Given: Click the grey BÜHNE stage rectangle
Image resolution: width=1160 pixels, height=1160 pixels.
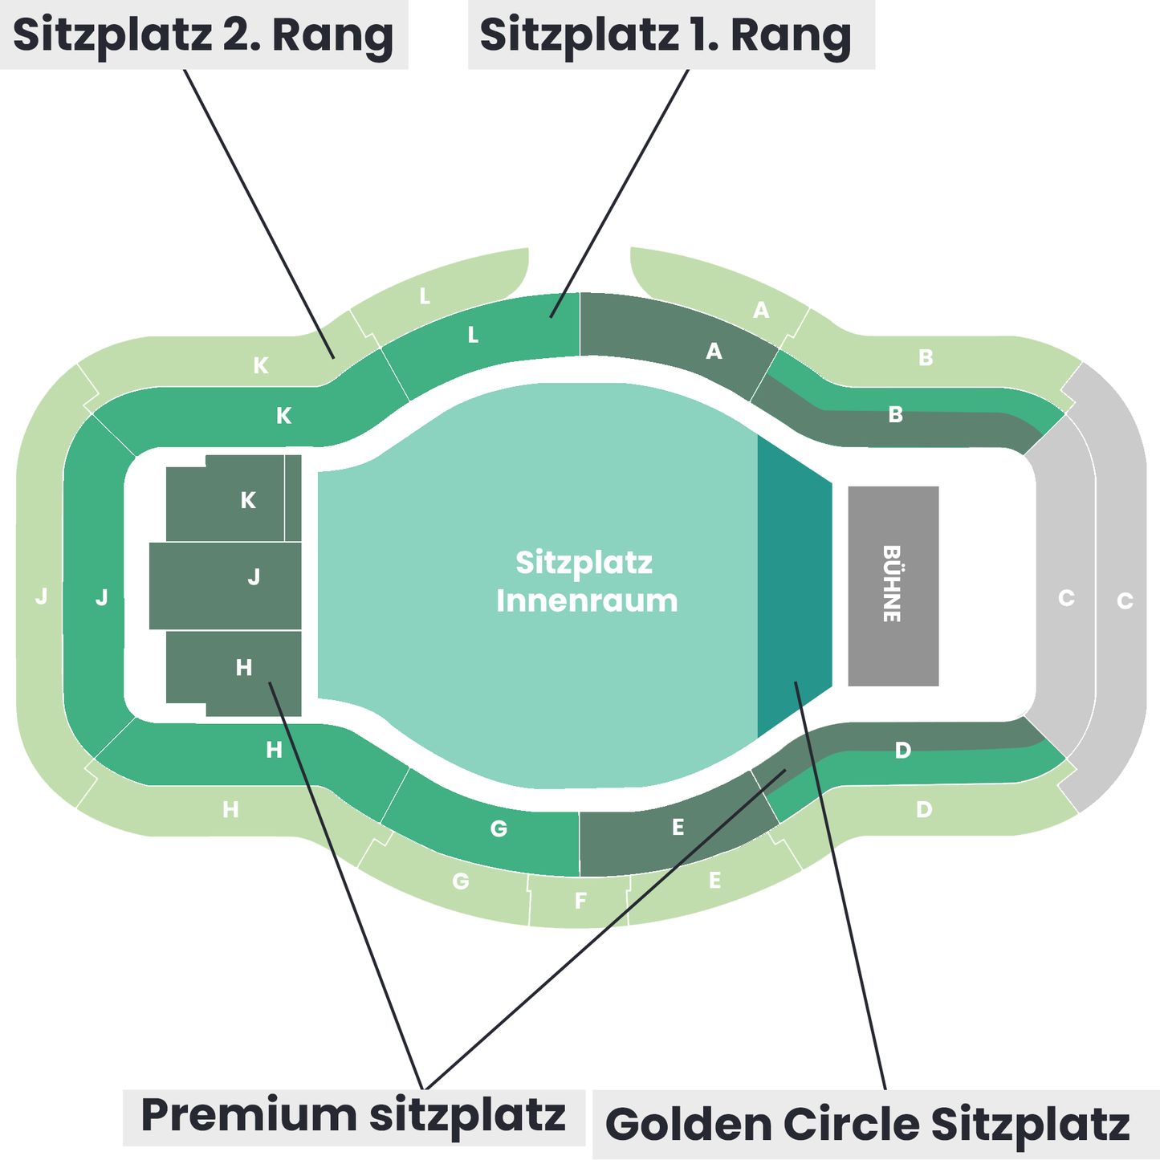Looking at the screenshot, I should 893,585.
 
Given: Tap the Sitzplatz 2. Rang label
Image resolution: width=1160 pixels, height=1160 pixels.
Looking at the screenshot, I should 203,35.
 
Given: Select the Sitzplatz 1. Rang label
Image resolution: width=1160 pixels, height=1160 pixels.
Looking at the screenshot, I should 665,35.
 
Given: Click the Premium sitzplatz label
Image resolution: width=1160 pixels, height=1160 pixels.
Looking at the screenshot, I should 353,1116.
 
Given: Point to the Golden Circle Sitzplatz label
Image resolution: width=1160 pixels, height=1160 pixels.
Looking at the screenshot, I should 867,1124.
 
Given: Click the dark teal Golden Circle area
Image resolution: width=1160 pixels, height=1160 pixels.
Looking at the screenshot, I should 793,586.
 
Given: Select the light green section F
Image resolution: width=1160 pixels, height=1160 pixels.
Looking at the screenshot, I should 580,901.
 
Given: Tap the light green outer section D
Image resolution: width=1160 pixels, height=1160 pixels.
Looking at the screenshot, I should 924,809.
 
